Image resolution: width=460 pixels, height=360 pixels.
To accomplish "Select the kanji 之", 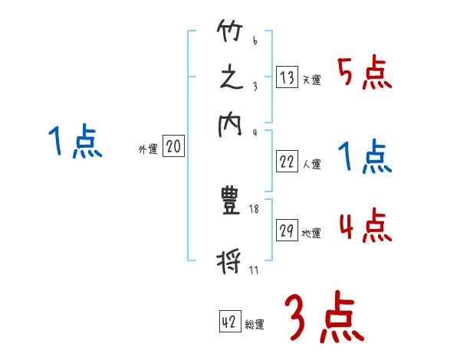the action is [231, 79].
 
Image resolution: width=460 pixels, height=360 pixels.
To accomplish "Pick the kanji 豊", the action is [230, 201].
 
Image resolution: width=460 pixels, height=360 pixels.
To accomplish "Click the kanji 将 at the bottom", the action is [231, 263].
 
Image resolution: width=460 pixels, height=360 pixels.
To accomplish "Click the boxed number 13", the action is [287, 77].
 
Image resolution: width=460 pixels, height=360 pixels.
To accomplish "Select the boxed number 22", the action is [287, 162].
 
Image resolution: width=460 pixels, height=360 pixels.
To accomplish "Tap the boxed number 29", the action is [287, 231].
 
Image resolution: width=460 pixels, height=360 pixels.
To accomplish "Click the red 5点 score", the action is [365, 74].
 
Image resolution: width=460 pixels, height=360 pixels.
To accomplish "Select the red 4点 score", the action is [365, 227].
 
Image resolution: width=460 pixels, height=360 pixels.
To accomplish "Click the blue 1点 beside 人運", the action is [365, 159].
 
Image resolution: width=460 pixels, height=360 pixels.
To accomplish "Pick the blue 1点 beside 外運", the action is [74, 142].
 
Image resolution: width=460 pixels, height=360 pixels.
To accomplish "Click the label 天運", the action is [311, 80].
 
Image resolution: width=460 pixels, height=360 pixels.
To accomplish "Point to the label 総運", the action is [255, 325].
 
